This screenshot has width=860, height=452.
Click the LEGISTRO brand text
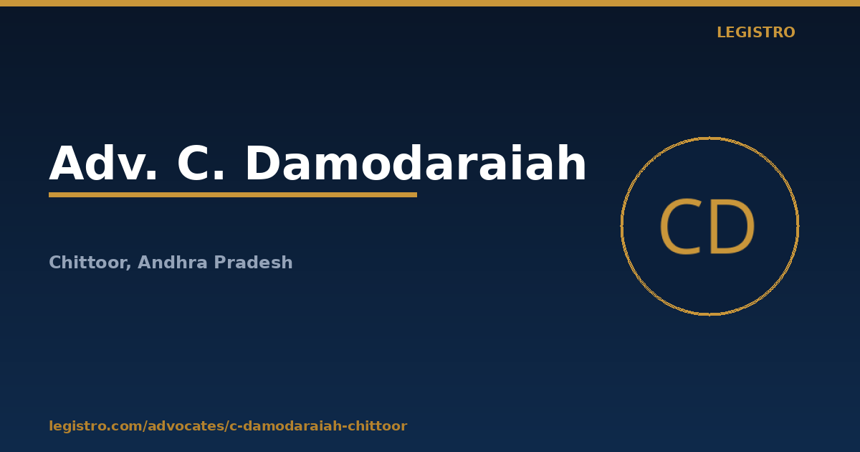tap(755, 32)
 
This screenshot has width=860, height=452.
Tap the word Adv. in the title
tap(103, 163)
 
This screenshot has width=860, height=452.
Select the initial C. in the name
tap(201, 163)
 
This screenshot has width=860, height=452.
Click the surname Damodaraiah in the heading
tap(416, 162)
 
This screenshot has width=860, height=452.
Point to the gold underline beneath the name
tap(233, 195)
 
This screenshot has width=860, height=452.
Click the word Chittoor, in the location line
tap(90, 263)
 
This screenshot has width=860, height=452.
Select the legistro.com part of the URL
tap(95, 426)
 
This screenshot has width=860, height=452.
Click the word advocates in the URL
tap(186, 426)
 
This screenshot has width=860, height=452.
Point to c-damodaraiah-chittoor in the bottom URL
tap(318, 426)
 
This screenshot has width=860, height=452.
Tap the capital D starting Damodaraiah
tap(263, 163)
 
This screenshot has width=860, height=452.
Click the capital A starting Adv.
tap(67, 163)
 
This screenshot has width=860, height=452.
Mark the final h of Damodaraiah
tap(572, 162)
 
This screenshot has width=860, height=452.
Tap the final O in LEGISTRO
tap(788, 32)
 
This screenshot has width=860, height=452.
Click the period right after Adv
tap(152, 176)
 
